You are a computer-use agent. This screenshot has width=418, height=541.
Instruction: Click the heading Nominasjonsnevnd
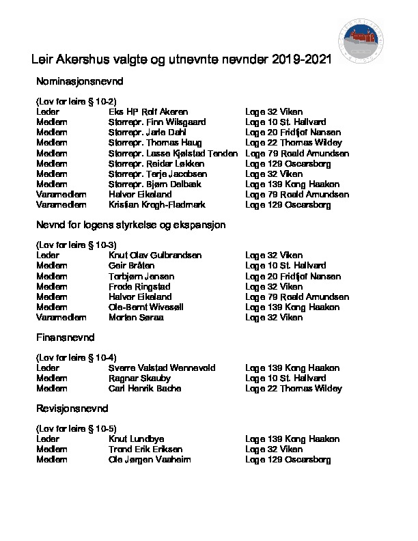click(x=80, y=82)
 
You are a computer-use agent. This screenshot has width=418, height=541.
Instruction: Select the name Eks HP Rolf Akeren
click(x=148, y=111)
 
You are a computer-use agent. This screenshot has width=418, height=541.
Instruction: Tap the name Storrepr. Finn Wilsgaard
click(x=156, y=122)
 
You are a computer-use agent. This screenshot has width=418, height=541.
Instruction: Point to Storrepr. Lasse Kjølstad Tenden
click(x=173, y=153)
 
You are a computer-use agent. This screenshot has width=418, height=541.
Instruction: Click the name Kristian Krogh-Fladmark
click(x=157, y=205)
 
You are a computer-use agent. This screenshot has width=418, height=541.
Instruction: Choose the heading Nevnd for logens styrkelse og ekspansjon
click(x=130, y=225)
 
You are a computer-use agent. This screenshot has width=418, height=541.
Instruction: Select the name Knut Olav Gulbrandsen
click(x=155, y=255)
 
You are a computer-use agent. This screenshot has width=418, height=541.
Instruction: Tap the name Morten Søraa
click(x=136, y=318)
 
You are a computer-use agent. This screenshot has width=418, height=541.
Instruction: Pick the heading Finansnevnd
click(x=65, y=337)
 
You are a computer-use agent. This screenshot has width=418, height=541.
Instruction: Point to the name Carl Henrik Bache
click(x=145, y=388)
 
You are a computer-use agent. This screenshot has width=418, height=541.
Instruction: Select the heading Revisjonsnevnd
click(x=72, y=408)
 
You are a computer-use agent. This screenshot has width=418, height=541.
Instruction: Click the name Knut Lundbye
click(x=137, y=439)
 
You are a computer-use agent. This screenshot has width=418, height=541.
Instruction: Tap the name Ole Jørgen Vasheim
click(x=150, y=460)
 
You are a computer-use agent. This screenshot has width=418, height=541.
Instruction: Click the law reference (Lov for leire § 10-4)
click(x=76, y=357)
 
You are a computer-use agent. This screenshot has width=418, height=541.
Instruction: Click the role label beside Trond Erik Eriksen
click(x=52, y=449)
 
